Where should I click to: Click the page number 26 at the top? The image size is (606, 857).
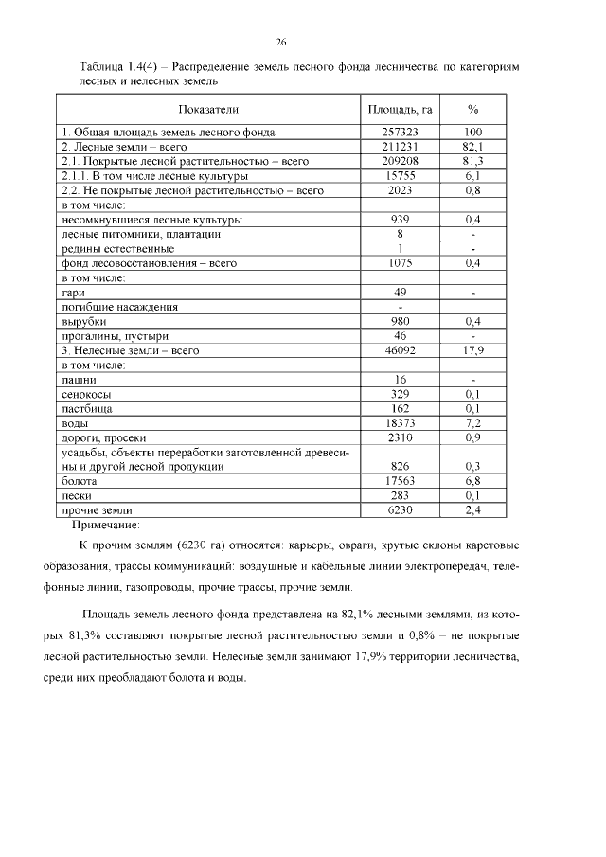click(x=281, y=42)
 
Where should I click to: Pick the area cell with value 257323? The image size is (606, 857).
click(x=400, y=133)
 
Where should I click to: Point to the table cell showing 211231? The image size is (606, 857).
click(x=400, y=147)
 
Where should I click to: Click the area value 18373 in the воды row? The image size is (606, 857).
click(x=400, y=423)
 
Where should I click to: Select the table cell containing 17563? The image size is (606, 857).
click(x=400, y=481)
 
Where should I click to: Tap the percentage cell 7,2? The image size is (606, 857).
click(x=473, y=423)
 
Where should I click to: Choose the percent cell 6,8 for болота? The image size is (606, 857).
click(x=473, y=481)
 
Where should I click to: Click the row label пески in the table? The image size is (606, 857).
click(x=77, y=495)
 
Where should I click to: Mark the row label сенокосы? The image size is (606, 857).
click(x=85, y=394)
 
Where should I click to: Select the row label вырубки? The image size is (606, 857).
click(x=83, y=322)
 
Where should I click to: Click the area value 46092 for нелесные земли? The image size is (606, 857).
click(x=400, y=350)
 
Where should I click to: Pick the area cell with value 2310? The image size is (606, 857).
click(x=400, y=437)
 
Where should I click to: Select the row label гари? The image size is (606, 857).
click(x=72, y=293)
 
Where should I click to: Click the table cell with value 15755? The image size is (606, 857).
click(x=400, y=176)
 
